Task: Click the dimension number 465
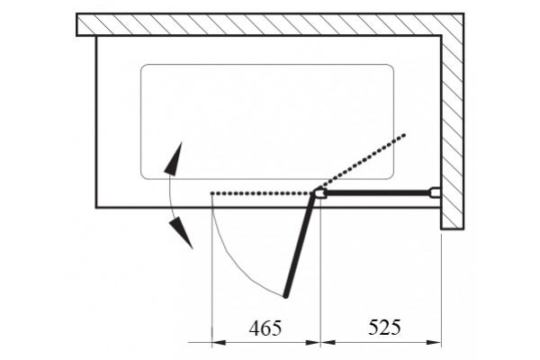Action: pyautogui.click(x=265, y=328)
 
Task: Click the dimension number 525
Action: pyautogui.click(x=384, y=327)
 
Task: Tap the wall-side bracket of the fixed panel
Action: pyautogui.click(x=436, y=193)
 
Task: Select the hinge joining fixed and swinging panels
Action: pyautogui.click(x=320, y=193)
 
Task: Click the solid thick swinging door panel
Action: pyautogui.click(x=300, y=245)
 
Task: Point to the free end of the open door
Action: pyautogui.click(x=285, y=295)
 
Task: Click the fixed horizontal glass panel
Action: pyautogui.click(x=378, y=193)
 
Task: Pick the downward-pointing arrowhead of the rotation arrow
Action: pyautogui.click(x=181, y=232)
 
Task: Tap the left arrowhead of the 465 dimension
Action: pyautogui.click(x=219, y=342)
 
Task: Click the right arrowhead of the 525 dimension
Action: pyautogui.click(x=434, y=342)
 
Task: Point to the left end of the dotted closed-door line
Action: pyautogui.click(x=212, y=193)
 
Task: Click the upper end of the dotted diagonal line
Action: pyautogui.click(x=405, y=135)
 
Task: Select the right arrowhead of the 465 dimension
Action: pyautogui.click(x=313, y=342)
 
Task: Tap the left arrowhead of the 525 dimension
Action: pyautogui.click(x=328, y=342)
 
